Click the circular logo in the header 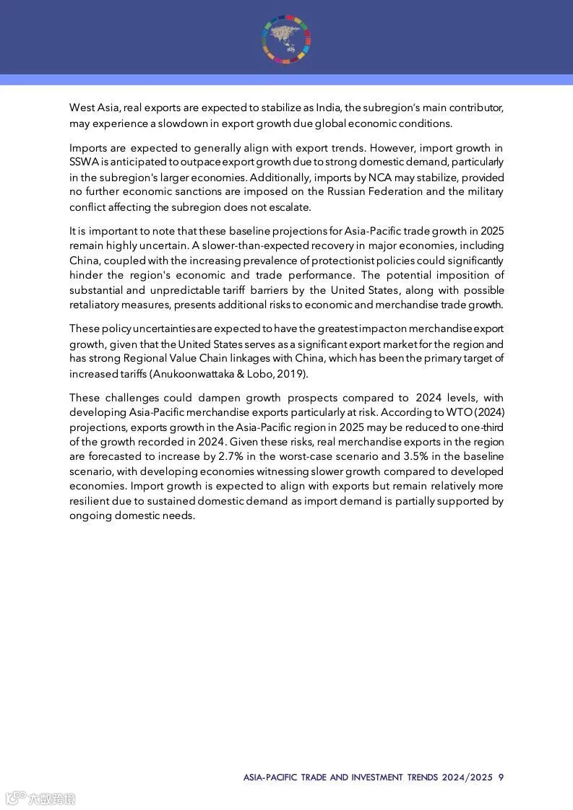point(286,38)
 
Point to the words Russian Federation point(373,192)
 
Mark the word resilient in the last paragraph point(91,500)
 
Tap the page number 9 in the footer point(501,778)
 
